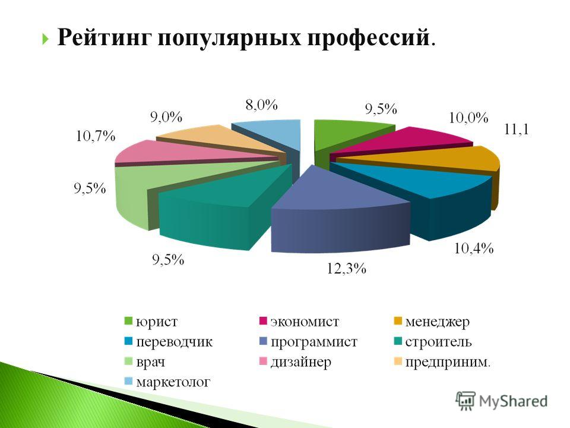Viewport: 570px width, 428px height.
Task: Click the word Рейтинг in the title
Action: pyautogui.click(x=104, y=37)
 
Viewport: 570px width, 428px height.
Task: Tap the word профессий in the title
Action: pyautogui.click(x=368, y=38)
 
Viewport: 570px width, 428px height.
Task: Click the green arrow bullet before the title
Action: pyautogui.click(x=45, y=38)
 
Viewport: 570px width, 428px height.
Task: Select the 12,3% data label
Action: pyautogui.click(x=346, y=269)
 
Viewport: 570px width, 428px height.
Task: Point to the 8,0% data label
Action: pyautogui.click(x=262, y=105)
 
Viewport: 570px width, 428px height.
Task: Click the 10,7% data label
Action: pyautogui.click(x=96, y=136)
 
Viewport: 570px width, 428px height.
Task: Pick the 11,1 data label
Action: pyautogui.click(x=516, y=129)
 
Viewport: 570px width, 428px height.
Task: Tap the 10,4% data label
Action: pyautogui.click(x=474, y=248)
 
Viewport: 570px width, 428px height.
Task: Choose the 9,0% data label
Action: pyautogui.click(x=166, y=117)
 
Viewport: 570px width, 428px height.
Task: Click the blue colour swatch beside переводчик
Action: pyautogui.click(x=128, y=342)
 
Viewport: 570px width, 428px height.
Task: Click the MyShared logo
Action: pyautogui.click(x=502, y=401)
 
